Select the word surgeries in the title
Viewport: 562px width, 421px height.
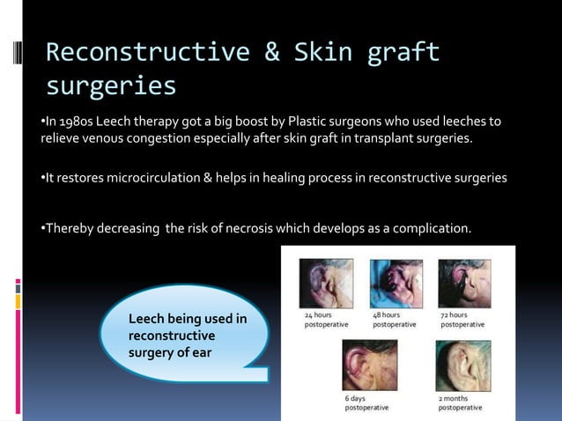point(111,86)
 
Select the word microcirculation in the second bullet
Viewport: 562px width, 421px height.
point(158,177)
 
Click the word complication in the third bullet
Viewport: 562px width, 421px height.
point(428,229)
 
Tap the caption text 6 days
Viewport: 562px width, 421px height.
point(356,398)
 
